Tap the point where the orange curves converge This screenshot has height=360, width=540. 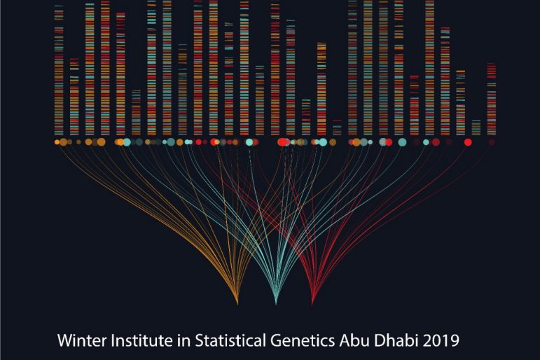238,304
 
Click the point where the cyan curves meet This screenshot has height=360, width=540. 276,304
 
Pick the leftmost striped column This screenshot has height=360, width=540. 59,70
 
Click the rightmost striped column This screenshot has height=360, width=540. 492,98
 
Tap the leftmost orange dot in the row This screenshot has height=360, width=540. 57,142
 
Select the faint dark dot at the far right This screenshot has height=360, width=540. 492,142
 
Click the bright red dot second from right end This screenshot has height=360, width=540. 468,142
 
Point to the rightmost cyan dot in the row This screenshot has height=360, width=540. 426,142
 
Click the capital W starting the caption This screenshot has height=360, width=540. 64,341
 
